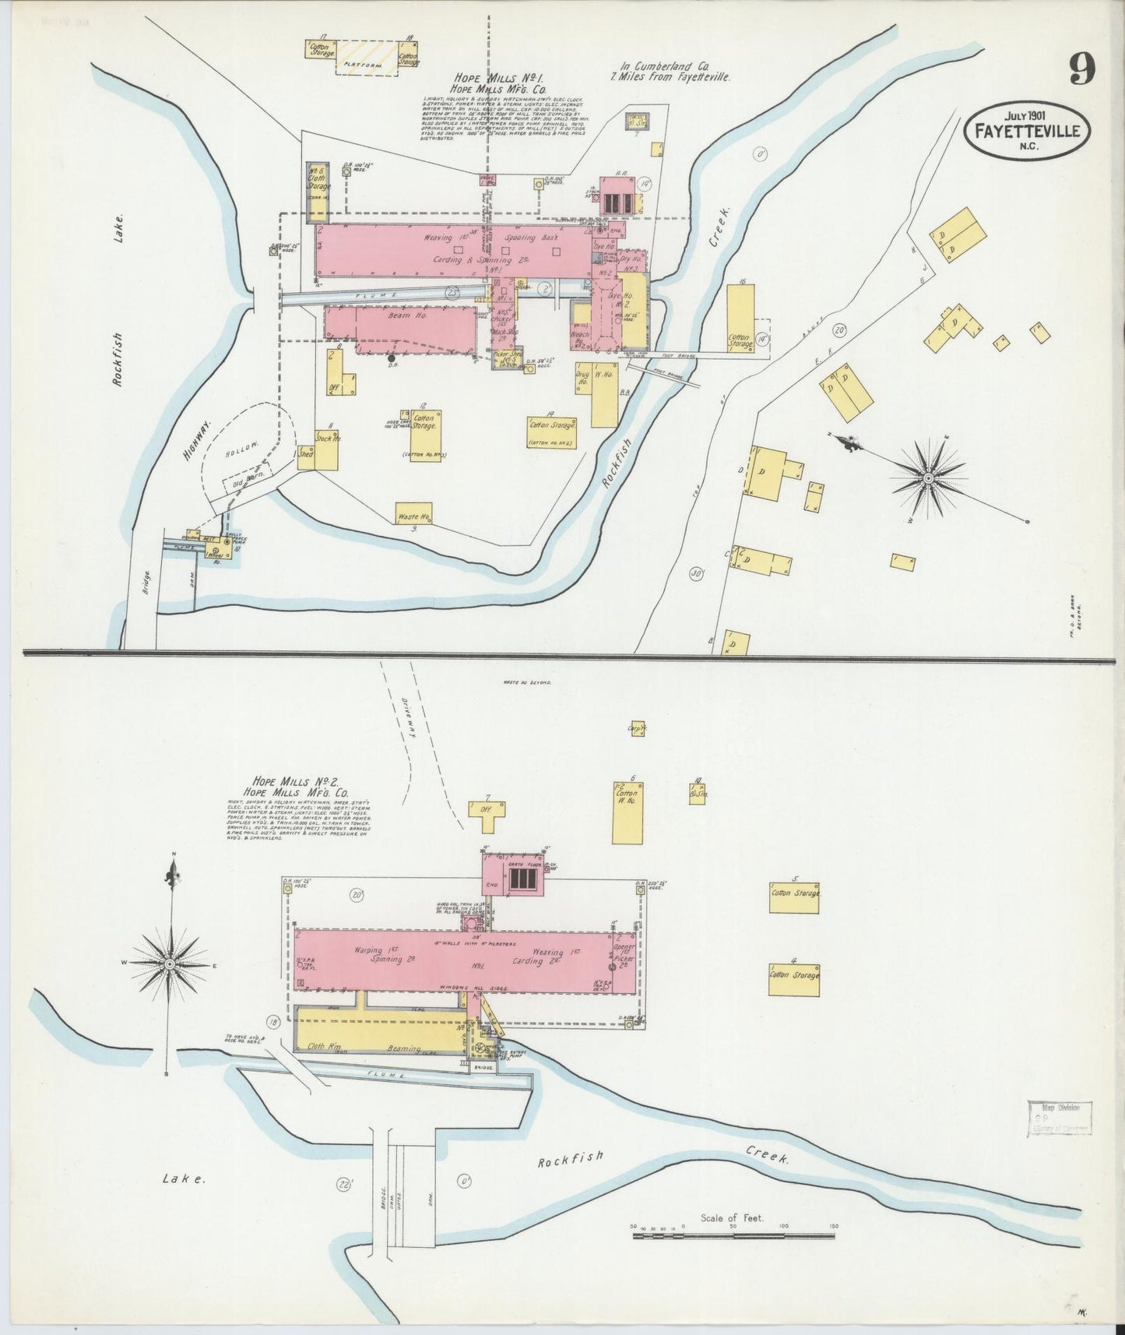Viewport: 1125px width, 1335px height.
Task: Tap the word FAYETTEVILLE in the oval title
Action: (x=1027, y=130)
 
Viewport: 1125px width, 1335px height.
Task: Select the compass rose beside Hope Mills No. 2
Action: (x=170, y=963)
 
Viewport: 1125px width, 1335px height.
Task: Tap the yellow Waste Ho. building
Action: (x=413, y=514)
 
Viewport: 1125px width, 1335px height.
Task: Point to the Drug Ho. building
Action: (x=582, y=380)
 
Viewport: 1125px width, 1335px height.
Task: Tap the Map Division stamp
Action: (x=1060, y=1118)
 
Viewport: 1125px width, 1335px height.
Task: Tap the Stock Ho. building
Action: (x=327, y=449)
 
